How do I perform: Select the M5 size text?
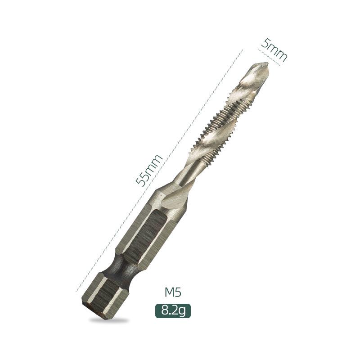[x=172, y=292]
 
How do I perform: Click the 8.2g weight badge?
[x=173, y=310]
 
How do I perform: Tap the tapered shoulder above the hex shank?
[x=173, y=196]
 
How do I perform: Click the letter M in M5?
[x=169, y=292]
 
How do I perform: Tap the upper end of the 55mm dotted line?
[x=242, y=50]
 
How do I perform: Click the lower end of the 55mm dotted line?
[x=76, y=291]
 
